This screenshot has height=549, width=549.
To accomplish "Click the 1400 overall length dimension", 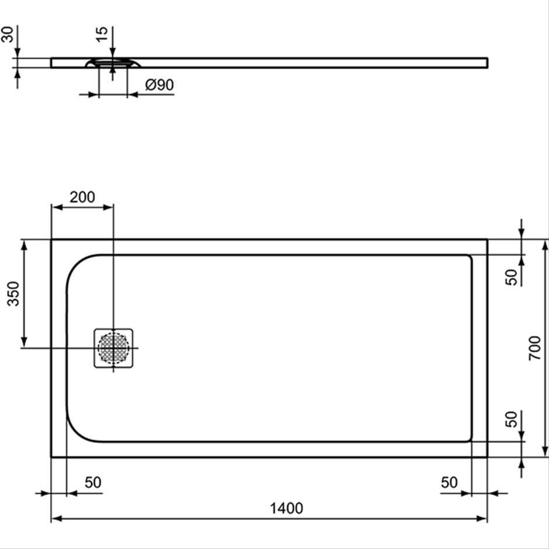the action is (x=286, y=508).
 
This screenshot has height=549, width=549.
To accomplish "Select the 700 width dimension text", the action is (x=534, y=348).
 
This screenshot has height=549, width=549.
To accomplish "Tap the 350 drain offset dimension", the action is (x=13, y=293).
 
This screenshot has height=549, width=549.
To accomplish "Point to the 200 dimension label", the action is (x=82, y=197).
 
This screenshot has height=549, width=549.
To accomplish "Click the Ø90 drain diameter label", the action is (x=159, y=85).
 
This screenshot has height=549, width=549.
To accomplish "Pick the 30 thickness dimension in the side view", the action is (x=7, y=34).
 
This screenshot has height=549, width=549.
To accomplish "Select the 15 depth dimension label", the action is (x=102, y=34).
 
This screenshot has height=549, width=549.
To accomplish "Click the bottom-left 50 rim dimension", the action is (x=93, y=482).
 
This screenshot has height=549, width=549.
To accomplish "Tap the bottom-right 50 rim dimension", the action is (x=449, y=482).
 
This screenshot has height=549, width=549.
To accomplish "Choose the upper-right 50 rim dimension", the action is (x=511, y=277).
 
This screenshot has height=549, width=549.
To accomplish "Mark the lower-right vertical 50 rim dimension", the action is (x=511, y=419).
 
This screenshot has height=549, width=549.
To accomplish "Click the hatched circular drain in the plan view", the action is (x=113, y=348).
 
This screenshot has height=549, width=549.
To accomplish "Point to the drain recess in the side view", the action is (x=113, y=64).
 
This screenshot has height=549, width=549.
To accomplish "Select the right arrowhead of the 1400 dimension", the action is (x=482, y=519).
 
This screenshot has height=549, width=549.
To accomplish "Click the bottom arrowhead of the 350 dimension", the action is (x=24, y=342).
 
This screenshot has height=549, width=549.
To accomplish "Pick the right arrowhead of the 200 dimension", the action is (x=108, y=207).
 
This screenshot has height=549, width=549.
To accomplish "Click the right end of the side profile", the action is (x=487, y=62).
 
